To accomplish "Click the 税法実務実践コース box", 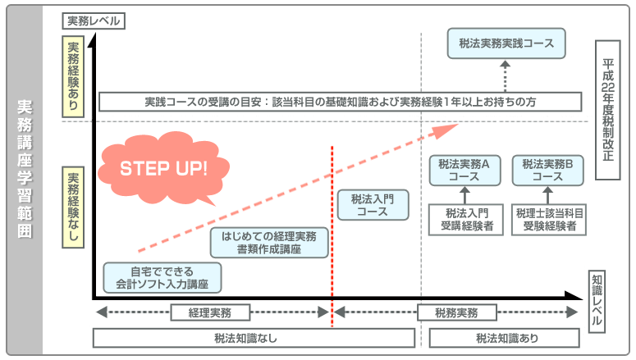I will [x=506, y=43].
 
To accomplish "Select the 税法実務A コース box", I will [x=464, y=170].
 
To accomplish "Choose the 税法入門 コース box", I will [x=373, y=204].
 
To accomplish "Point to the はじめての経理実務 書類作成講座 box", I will [x=269, y=242].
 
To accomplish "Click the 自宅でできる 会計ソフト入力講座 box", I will [x=162, y=278].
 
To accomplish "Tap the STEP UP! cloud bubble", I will [x=164, y=169].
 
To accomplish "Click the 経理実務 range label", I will [x=209, y=312].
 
